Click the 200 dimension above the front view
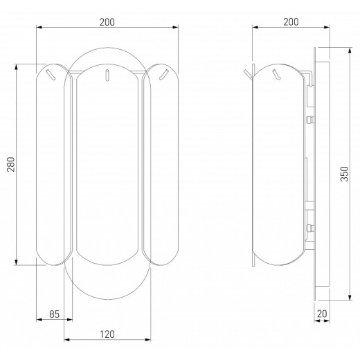click(x=107, y=22)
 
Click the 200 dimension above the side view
click(x=291, y=22)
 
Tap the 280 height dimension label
click(x=11, y=164)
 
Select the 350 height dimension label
click(x=345, y=174)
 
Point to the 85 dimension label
click(x=55, y=314)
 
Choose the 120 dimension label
click(x=107, y=334)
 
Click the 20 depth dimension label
click(x=322, y=314)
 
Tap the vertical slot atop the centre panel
click(x=107, y=75)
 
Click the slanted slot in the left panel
click(x=51, y=75)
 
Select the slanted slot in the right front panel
click(x=164, y=75)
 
